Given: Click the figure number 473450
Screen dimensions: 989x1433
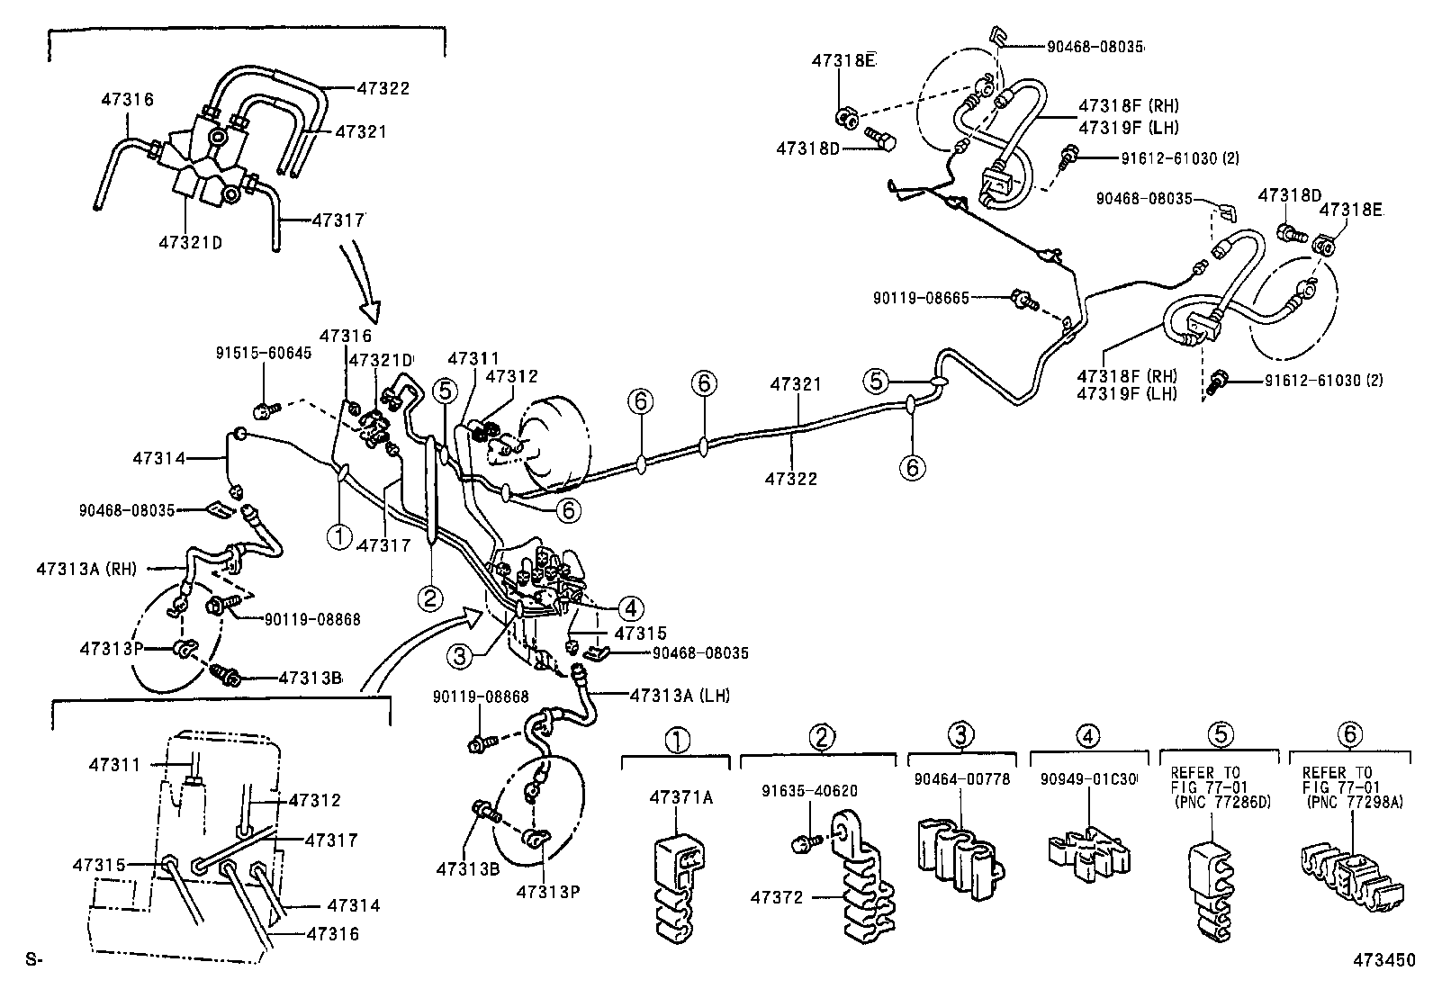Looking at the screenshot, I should pos(1382,960).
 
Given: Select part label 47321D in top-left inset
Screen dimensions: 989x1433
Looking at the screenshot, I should pos(190,243).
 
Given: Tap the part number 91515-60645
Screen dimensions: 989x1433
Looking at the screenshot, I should pos(263,353).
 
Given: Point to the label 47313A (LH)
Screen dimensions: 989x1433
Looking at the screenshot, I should pos(680,696).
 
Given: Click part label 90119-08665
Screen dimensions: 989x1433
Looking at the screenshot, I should pos(921,297).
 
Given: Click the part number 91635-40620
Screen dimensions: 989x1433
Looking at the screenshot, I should pos(809,791).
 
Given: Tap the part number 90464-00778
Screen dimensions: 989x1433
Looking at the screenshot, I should pos(961,778).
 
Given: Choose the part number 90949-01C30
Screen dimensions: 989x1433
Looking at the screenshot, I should pos(1089,778).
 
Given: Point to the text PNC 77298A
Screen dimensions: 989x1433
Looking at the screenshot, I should pos(1353,803).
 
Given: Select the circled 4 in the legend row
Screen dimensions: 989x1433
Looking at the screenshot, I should pos(1088,736).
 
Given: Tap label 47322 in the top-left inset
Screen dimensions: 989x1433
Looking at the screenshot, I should pos(383,88).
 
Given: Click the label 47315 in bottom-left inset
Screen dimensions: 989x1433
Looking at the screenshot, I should pos(100,864).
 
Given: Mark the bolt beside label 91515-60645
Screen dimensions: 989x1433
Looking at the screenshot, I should pos(264,411).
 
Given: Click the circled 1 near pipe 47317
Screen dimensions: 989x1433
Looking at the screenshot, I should pos(339,537).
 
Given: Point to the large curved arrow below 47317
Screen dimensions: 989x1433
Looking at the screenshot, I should pos(370,288).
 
